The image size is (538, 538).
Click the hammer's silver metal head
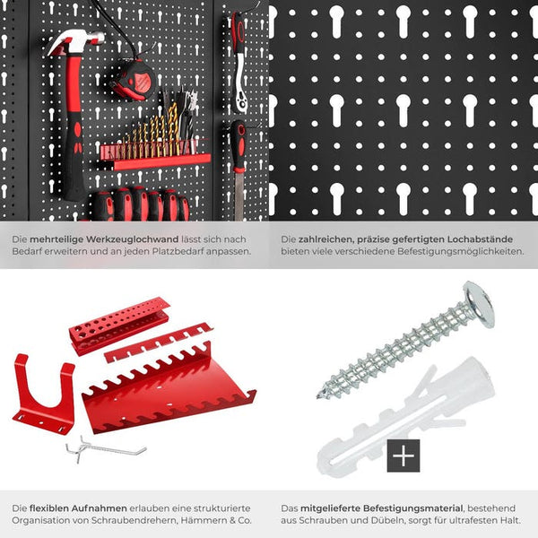(x=75, y=41)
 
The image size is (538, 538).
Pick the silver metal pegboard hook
(x=103, y=447)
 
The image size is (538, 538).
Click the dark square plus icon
(x=403, y=456)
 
